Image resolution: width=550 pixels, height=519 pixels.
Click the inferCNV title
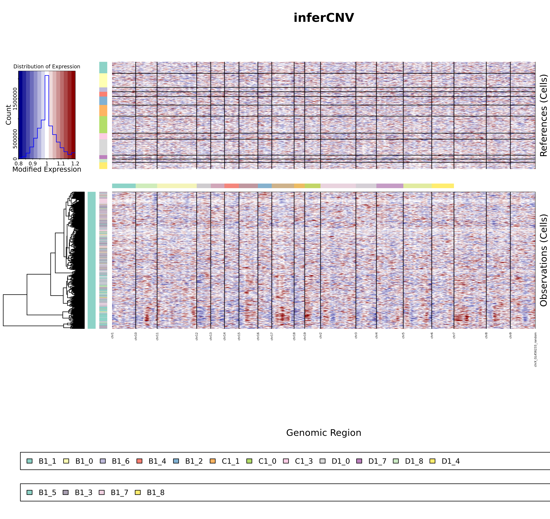(x=324, y=18)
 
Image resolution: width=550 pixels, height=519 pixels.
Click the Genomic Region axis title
(x=324, y=433)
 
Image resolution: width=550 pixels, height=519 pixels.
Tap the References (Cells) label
(x=543, y=115)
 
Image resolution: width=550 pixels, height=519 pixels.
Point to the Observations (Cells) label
(x=543, y=260)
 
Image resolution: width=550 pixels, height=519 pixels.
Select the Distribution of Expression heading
(x=47, y=67)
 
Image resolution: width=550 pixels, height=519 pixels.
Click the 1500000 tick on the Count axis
(x=15, y=99)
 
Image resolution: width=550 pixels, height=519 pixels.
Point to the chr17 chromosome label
(x=272, y=336)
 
